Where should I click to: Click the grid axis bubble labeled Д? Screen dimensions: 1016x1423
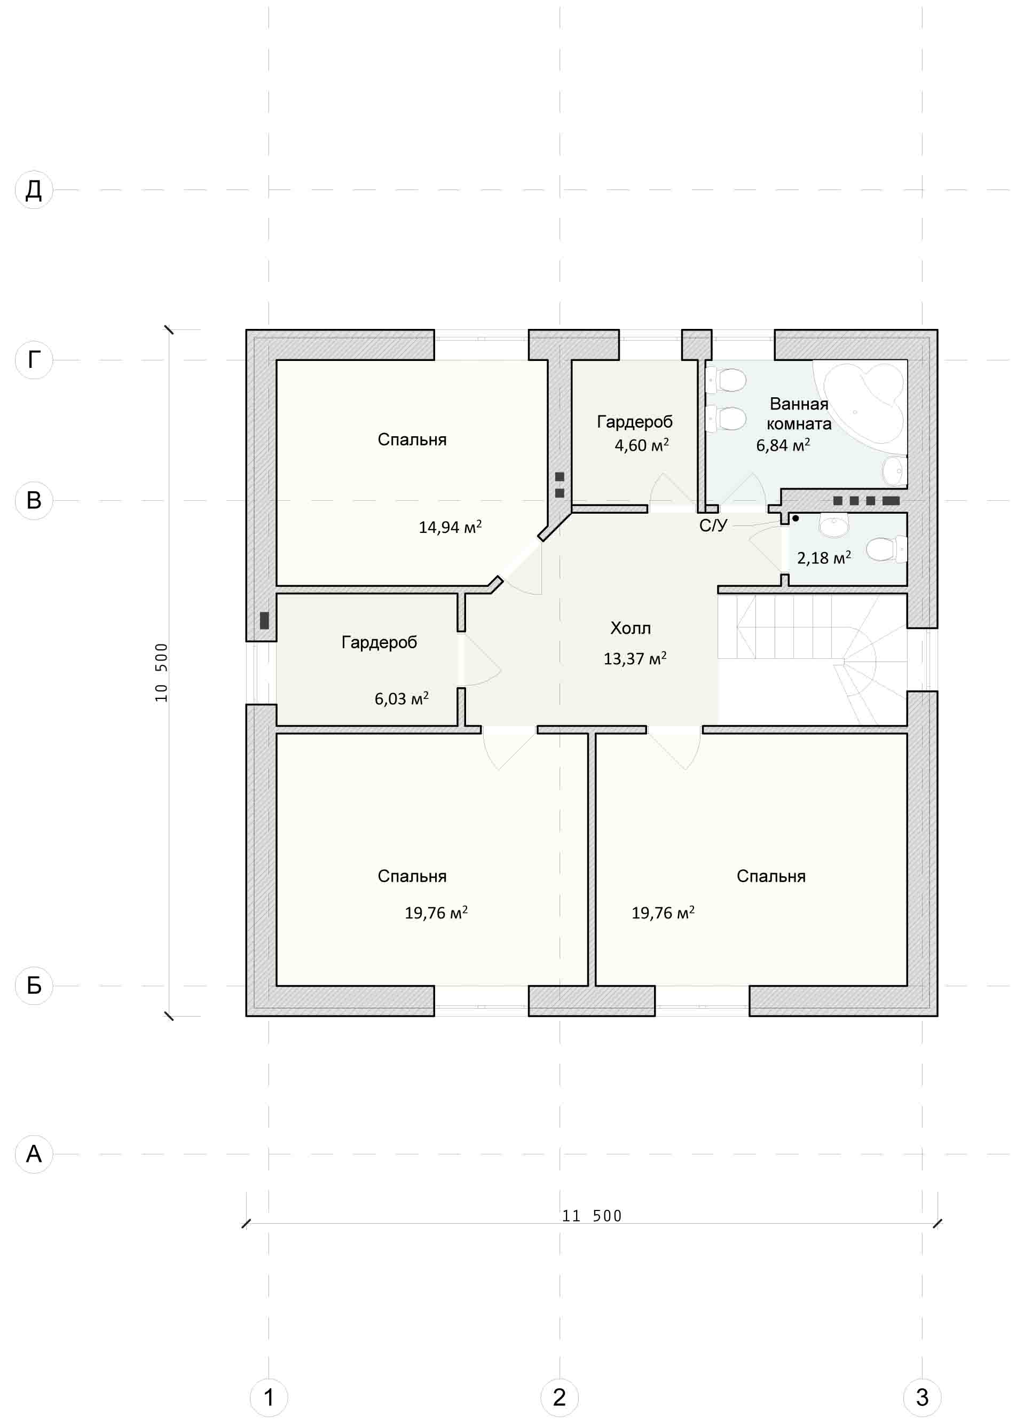pyautogui.click(x=34, y=190)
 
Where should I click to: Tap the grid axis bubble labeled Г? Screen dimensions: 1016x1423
pyautogui.click(x=34, y=360)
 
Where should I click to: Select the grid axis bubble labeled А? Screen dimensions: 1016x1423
pyautogui.click(x=34, y=1154)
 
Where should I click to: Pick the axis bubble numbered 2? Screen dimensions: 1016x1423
pyautogui.click(x=560, y=1397)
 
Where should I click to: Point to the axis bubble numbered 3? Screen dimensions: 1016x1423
pyautogui.click(x=922, y=1397)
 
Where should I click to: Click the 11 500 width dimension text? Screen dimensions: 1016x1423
pyautogui.click(x=592, y=1216)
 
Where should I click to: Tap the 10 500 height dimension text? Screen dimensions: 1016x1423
pyautogui.click(x=161, y=673)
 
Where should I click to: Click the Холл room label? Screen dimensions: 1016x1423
pyautogui.click(x=631, y=628)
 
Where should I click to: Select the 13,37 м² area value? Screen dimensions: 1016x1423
pyautogui.click(x=635, y=658)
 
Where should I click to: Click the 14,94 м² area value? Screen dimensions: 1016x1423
pyautogui.click(x=451, y=527)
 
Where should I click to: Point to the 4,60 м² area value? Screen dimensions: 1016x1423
pyautogui.click(x=642, y=445)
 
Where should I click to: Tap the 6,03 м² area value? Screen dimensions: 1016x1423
pyautogui.click(x=401, y=698)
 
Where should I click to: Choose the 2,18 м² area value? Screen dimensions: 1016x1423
pyautogui.click(x=824, y=557)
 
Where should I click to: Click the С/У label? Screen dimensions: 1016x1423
pyautogui.click(x=713, y=525)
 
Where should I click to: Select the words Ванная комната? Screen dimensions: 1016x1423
pyautogui.click(x=799, y=414)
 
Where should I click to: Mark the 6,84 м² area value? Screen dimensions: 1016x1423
pyautogui.click(x=783, y=445)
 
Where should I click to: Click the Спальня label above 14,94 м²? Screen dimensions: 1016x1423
pyautogui.click(x=412, y=439)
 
